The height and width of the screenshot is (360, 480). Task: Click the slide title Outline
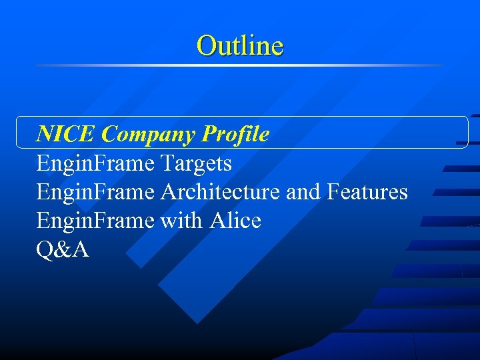point(240,45)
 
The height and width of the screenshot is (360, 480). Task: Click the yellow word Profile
point(236,135)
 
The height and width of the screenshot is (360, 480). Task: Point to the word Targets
point(196,163)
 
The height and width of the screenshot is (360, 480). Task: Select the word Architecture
point(220,192)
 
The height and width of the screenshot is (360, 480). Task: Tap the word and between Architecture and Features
point(303,192)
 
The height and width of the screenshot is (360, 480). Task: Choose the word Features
point(367,192)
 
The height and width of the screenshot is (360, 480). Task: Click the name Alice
point(235,221)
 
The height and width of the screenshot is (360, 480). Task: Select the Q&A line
point(63,250)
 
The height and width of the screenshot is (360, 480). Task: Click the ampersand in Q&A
point(63,250)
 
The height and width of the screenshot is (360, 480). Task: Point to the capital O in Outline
point(206,45)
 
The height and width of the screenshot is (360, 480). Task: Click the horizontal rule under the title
point(240,65)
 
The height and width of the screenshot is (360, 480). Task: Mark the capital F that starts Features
point(333,192)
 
